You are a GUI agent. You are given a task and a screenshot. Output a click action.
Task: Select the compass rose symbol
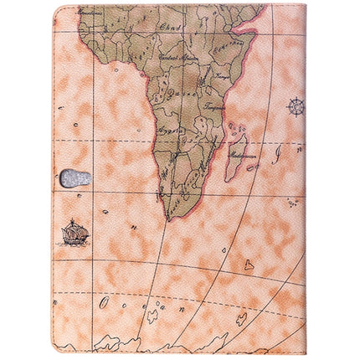pyautogui.click(x=296, y=107)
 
